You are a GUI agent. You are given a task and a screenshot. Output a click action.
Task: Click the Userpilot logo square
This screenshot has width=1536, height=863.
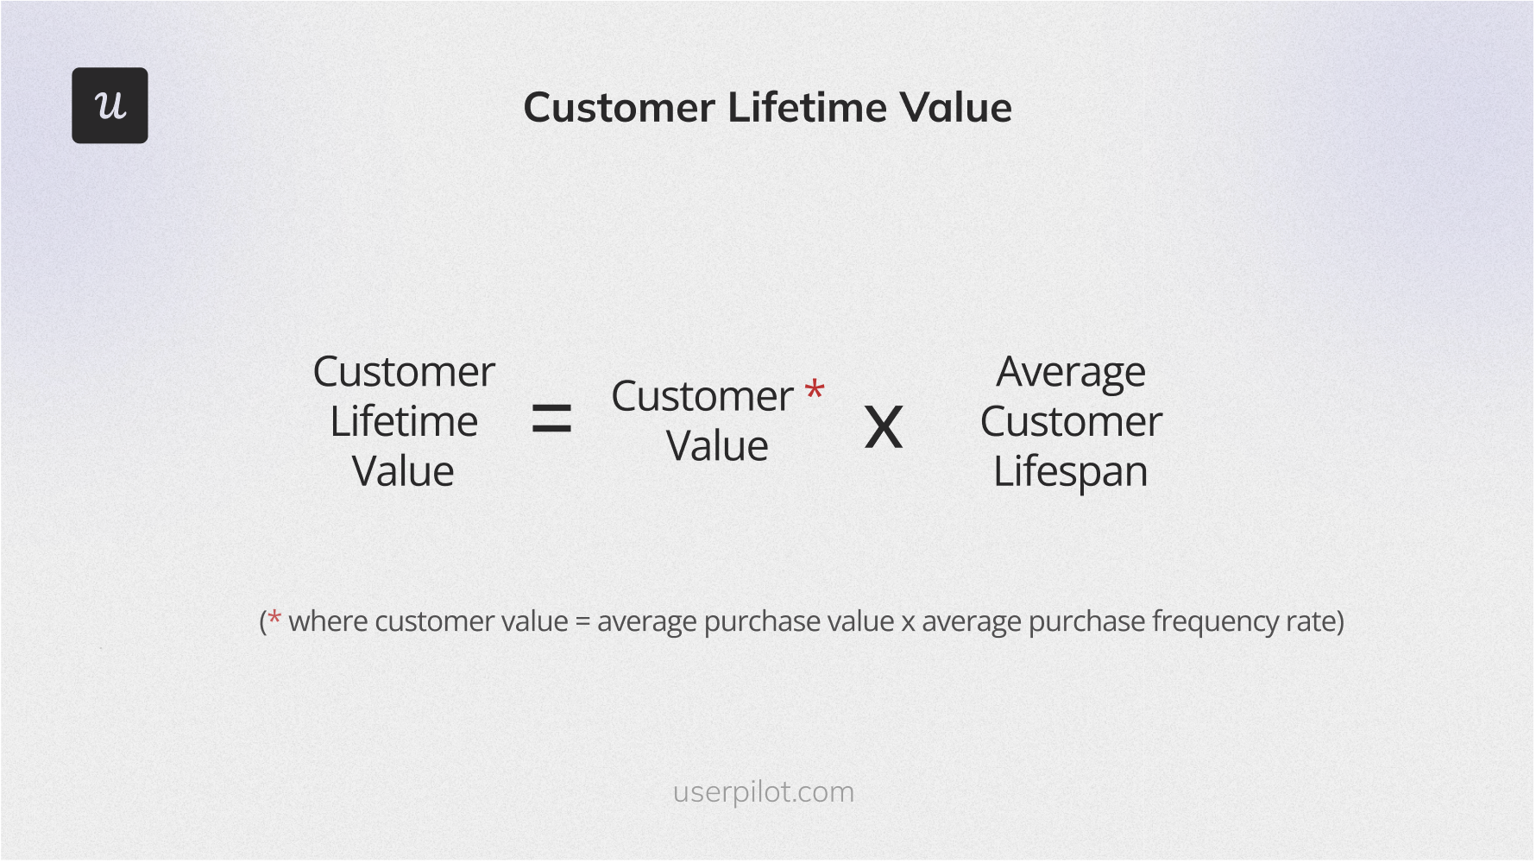pyautogui.click(x=110, y=105)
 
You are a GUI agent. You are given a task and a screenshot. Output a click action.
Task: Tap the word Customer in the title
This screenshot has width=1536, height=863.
pyautogui.click(x=619, y=108)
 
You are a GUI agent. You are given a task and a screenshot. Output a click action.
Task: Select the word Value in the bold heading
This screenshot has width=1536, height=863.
pyautogui.click(x=954, y=108)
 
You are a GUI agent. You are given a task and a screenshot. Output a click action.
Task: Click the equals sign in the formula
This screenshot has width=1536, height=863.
pyautogui.click(x=551, y=419)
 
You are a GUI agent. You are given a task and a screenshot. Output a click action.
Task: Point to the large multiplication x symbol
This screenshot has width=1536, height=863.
pyautogui.click(x=884, y=427)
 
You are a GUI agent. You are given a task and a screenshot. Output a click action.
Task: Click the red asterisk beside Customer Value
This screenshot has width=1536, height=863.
pyautogui.click(x=814, y=390)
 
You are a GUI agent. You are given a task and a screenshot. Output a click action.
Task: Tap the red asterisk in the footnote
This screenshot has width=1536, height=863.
pyautogui.click(x=274, y=618)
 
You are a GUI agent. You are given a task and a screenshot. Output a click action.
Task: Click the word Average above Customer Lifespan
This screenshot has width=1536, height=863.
pyautogui.click(x=1071, y=373)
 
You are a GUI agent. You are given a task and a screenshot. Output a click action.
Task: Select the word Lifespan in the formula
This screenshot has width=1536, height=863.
pyautogui.click(x=1070, y=472)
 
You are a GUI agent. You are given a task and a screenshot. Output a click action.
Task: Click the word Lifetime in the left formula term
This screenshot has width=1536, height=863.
pyautogui.click(x=404, y=422)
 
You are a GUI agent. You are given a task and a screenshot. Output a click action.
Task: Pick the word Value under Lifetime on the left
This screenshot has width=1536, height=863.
pyautogui.click(x=403, y=472)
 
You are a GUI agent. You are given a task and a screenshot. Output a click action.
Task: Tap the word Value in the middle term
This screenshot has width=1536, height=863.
pyautogui.click(x=717, y=447)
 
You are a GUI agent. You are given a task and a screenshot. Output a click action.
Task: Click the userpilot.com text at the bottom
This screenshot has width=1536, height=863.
pyautogui.click(x=763, y=792)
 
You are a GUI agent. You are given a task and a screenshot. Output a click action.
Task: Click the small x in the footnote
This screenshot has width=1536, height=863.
pyautogui.click(x=908, y=623)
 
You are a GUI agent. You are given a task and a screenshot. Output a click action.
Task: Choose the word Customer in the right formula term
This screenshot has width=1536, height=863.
pyautogui.click(x=1071, y=422)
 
